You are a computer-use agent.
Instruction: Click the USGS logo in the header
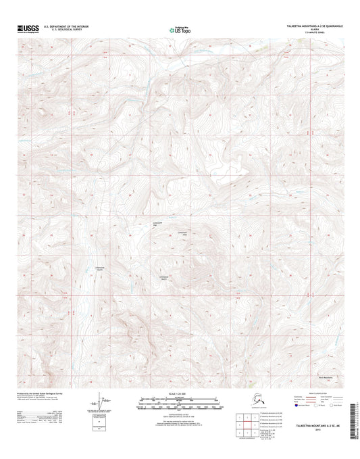26,29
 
